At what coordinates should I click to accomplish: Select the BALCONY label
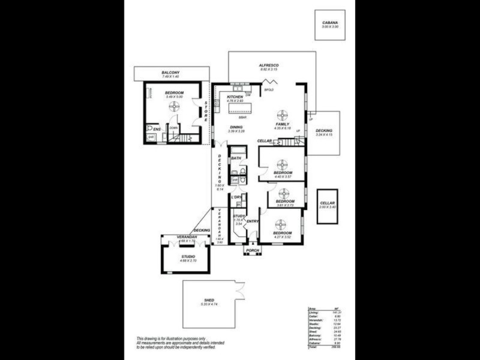click(x=170, y=73)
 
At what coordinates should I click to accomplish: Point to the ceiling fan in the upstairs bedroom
click(x=174, y=107)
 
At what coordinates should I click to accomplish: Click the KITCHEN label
click(x=235, y=97)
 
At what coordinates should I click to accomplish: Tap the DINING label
click(x=235, y=127)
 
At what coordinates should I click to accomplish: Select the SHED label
click(x=209, y=299)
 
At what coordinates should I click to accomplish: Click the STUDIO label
click(x=188, y=257)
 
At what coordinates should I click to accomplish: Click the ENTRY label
click(x=253, y=221)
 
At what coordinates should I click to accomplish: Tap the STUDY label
click(x=238, y=216)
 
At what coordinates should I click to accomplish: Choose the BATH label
click(x=236, y=158)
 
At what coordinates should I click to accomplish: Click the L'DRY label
click(x=236, y=197)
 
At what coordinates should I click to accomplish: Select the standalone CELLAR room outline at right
click(x=327, y=206)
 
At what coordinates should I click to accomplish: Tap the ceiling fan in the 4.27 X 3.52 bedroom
click(x=281, y=223)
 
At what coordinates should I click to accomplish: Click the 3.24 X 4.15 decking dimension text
click(x=324, y=134)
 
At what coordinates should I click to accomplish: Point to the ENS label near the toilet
click(x=157, y=129)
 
